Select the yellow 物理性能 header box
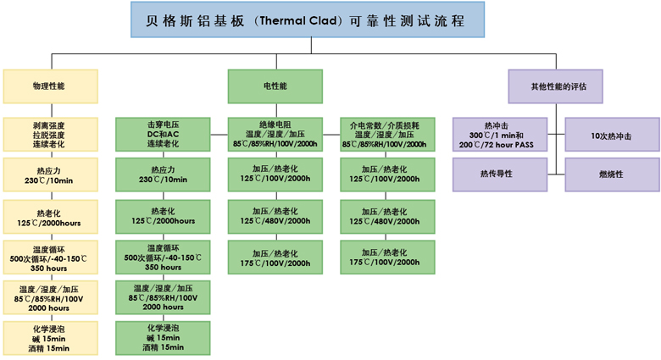click(51, 86)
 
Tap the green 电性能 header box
click(275, 86)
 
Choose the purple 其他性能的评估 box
click(556, 86)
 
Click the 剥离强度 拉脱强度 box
click(51, 135)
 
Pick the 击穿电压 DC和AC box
click(164, 135)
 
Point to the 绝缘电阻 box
click(275, 135)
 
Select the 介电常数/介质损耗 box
click(388, 135)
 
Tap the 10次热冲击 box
click(612, 135)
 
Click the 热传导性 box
click(500, 174)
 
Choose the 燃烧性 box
click(612, 174)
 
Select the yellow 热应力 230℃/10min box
click(51, 174)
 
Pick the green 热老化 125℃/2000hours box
click(164, 217)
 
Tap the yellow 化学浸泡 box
click(51, 338)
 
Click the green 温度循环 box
click(164, 258)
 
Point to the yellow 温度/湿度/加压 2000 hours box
click(51, 297)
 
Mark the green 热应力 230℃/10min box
click(164, 174)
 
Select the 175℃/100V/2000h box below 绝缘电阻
click(275, 258)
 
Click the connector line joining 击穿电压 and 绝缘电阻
click(219, 135)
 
